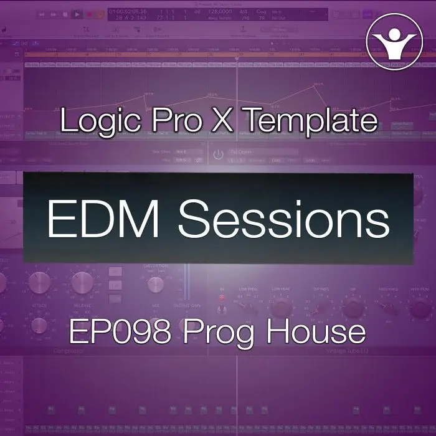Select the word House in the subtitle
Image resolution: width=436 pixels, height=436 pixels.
tap(317, 332)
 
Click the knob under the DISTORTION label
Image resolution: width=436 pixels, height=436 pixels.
tap(155, 284)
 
